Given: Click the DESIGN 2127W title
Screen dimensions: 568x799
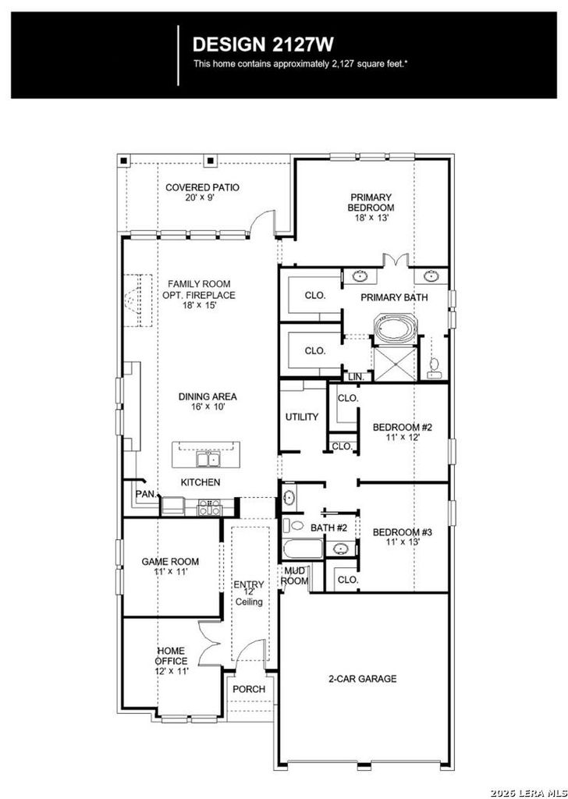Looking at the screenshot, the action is click(x=263, y=44).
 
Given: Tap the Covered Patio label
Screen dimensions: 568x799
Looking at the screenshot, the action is click(x=202, y=187).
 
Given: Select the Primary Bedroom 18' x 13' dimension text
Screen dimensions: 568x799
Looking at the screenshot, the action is click(x=371, y=217).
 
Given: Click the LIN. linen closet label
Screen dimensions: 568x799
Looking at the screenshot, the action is click(x=356, y=377).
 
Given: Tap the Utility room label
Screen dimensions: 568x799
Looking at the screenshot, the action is click(x=302, y=417).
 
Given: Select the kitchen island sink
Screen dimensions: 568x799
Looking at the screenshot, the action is click(x=208, y=459).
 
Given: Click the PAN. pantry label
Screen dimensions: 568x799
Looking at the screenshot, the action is click(x=146, y=494).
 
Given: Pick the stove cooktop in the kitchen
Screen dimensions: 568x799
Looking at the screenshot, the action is click(x=210, y=507).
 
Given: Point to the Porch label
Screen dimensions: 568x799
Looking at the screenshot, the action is click(x=249, y=690).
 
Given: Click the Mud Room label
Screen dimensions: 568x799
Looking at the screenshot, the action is click(x=296, y=576).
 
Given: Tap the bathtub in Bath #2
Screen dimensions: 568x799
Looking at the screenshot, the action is click(x=304, y=550).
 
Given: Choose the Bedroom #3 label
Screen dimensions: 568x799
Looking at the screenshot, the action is click(x=403, y=532).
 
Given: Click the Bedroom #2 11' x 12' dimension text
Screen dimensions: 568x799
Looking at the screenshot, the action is click(x=403, y=437).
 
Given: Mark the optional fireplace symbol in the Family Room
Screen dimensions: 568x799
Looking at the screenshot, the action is click(x=138, y=300).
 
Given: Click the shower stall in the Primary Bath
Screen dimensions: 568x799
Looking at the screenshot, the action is click(x=396, y=364).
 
